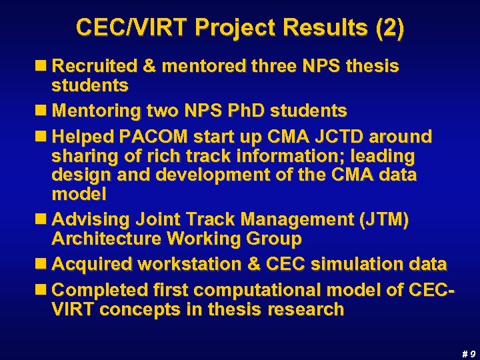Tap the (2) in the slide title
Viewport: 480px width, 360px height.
389,28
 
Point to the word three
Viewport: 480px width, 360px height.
278,66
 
